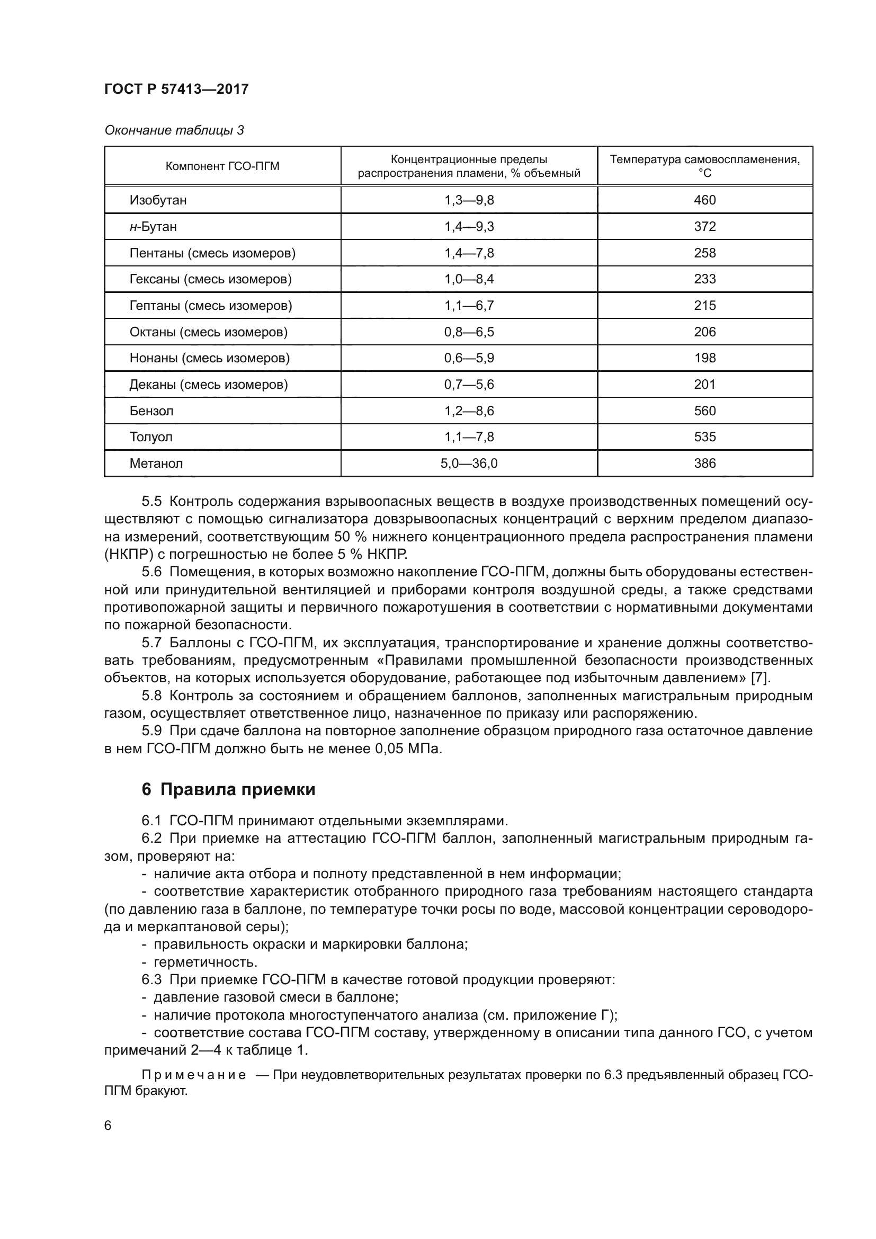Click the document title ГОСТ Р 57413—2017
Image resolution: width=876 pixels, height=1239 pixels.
pyautogui.click(x=176, y=89)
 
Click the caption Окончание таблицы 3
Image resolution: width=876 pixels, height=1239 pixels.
pyautogui.click(x=174, y=130)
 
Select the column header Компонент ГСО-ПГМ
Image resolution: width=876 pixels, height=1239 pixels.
pyautogui.click(x=222, y=166)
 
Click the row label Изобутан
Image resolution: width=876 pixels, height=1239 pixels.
pyautogui.click(x=158, y=200)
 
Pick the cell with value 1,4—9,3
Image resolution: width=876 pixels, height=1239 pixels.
pyautogui.click(x=469, y=227)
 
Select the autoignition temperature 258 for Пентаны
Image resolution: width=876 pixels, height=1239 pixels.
pyautogui.click(x=704, y=253)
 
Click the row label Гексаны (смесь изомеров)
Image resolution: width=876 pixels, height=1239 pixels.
pyautogui.click(x=210, y=279)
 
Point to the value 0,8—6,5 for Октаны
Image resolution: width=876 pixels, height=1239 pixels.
pyautogui.click(x=469, y=332)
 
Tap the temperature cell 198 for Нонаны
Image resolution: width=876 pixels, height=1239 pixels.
pyautogui.click(x=704, y=358)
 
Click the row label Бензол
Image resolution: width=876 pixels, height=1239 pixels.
pyautogui.click(x=151, y=411)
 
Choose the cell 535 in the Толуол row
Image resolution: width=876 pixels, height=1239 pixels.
pyautogui.click(x=704, y=437)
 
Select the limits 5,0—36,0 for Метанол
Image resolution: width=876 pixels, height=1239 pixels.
pyautogui.click(x=469, y=463)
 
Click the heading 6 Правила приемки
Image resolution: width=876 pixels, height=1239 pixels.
pyautogui.click(x=228, y=789)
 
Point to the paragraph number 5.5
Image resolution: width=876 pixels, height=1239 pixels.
pyautogui.click(x=151, y=501)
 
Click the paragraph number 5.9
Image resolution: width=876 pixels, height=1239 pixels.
pyautogui.click(x=151, y=731)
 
